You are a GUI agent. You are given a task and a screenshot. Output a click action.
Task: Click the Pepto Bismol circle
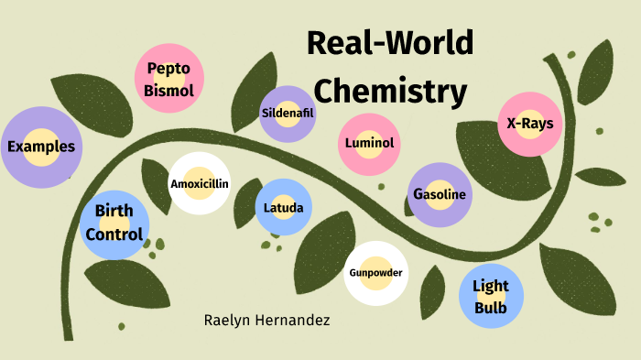[x=168, y=79]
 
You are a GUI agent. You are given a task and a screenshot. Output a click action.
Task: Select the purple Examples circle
[x=40, y=147]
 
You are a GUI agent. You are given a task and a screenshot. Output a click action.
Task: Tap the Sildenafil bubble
[x=288, y=114]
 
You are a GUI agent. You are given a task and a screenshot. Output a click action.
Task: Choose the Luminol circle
[x=369, y=143]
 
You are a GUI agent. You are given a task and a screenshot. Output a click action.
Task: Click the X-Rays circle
[x=529, y=123]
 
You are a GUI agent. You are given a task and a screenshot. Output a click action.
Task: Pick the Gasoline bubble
[x=440, y=194]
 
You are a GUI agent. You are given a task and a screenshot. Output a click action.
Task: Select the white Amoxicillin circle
[x=199, y=183]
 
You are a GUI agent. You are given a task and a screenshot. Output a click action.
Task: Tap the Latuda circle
[x=283, y=207]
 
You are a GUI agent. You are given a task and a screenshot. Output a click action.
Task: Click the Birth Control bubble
[x=114, y=223]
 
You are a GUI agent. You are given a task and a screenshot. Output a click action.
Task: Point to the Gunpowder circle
[x=375, y=273]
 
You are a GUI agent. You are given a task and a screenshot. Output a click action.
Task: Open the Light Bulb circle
[x=491, y=297]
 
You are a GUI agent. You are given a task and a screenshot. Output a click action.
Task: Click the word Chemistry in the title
[x=397, y=91]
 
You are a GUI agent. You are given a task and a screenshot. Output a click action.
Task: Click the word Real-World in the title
[x=390, y=44]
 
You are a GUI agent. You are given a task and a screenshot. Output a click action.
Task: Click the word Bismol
[x=168, y=90]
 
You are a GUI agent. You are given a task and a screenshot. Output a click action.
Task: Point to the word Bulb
[x=491, y=308]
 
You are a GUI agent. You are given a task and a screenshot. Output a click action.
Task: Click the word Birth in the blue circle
[x=114, y=211]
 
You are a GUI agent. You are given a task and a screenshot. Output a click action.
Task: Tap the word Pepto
[x=168, y=69]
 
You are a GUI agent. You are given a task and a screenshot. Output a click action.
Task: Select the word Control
[x=114, y=235]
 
